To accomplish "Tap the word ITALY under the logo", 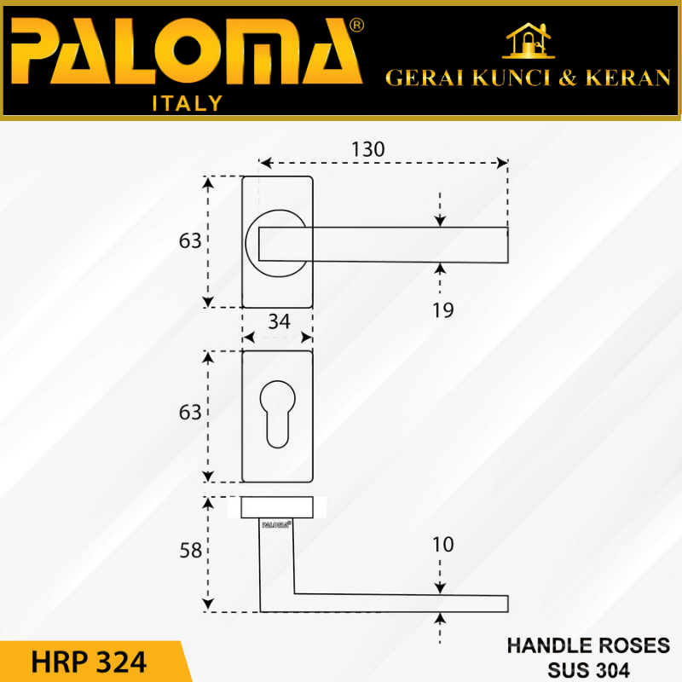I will click(x=187, y=104).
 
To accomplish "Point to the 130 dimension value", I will click(x=367, y=148).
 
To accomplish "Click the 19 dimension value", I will click(x=442, y=310).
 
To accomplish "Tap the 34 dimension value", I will click(x=279, y=321).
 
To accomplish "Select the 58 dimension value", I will click(x=190, y=551).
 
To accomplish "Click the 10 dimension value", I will click(x=442, y=544).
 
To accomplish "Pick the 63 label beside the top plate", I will click(x=190, y=241).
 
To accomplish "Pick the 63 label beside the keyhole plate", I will click(x=190, y=413).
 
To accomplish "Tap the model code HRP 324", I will click(x=89, y=661).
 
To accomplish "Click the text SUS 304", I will click(x=588, y=668).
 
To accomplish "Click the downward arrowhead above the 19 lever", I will click(x=440, y=221).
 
